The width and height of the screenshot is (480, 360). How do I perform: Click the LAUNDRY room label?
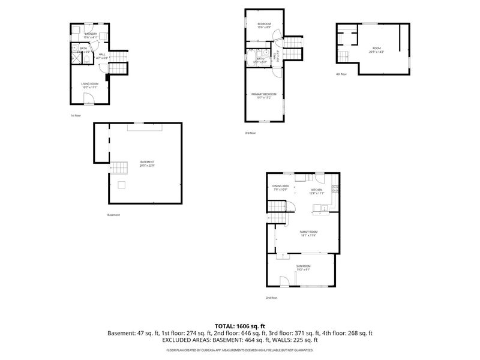click(x=91, y=34)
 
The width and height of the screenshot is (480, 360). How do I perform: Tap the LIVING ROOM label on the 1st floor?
click(x=90, y=83)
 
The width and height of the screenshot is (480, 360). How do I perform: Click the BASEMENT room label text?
click(x=147, y=162)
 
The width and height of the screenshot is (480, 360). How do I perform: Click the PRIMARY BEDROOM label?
click(x=264, y=94)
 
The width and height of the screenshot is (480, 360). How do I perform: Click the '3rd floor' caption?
click(x=250, y=133)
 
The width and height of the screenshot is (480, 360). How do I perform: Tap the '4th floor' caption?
click(x=341, y=74)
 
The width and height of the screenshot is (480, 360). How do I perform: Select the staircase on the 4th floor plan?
click(x=344, y=56)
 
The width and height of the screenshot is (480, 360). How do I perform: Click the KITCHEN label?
click(x=316, y=190)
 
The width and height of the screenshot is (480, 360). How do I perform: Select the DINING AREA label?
click(x=281, y=186)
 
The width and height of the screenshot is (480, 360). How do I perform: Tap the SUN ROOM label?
click(x=304, y=266)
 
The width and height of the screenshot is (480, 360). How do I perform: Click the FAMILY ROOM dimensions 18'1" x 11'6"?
click(x=308, y=235)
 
